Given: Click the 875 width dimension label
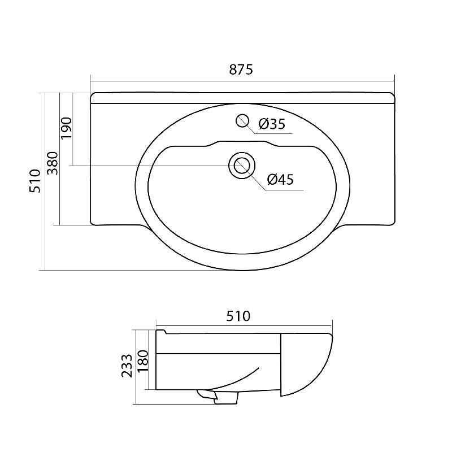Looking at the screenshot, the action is (241, 69).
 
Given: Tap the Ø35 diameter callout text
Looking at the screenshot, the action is (272, 124).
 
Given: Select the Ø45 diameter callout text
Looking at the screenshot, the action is (280, 179).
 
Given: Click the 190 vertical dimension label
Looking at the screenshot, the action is (67, 128).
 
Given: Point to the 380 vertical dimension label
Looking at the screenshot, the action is (53, 163).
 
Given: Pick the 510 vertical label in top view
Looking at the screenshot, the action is (35, 181).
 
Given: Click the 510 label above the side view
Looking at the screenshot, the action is (238, 316).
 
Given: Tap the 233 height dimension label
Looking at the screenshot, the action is (127, 366).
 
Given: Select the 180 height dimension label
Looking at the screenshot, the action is (143, 361).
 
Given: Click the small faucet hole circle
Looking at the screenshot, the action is (242, 120).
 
